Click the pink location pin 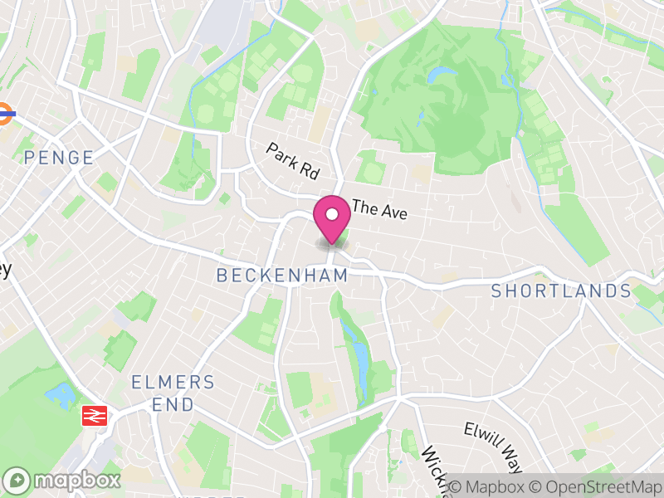(332, 219)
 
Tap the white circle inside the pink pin (332, 214)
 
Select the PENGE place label (58, 157)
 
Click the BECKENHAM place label (282, 276)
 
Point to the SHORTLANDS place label (561, 291)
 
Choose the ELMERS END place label (173, 393)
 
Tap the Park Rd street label (293, 161)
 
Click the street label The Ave (379, 209)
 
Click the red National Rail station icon (95, 415)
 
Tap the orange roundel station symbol (3, 114)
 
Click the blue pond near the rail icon (59, 393)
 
